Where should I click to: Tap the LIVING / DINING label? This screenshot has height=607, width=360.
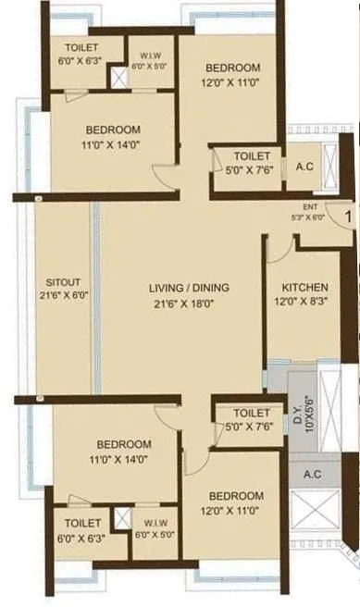click(189, 288)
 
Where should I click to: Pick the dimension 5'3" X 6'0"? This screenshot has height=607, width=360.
click(308, 217)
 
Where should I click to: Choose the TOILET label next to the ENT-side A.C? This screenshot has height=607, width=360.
click(252, 156)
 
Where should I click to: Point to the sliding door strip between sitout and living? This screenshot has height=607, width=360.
click(94, 296)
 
